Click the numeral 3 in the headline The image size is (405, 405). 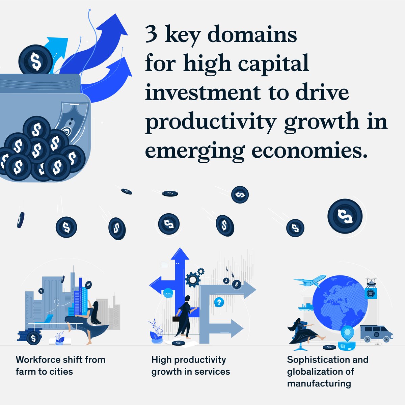point(152,35)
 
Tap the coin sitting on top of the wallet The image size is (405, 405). point(35,60)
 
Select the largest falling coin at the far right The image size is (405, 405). point(345,216)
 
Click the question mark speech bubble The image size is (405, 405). point(219,302)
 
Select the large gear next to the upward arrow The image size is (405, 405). point(193,280)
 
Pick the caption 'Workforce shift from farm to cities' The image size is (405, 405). point(60,366)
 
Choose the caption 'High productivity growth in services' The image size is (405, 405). point(191,366)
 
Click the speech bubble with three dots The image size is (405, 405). point(168,293)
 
